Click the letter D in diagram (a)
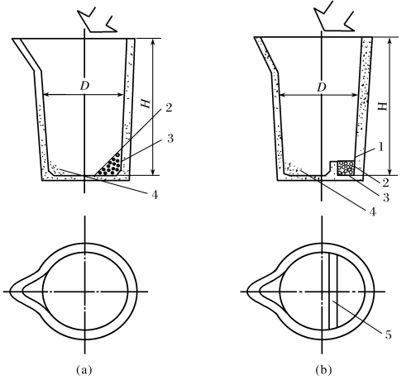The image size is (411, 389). [84, 86]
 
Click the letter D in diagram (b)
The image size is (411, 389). [322, 88]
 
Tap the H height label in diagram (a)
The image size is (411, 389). [146, 103]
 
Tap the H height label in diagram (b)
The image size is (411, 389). [382, 107]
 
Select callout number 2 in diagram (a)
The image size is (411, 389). [169, 107]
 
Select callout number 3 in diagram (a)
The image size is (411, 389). [170, 139]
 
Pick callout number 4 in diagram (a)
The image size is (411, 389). [155, 195]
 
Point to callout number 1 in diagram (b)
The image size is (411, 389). [381, 147]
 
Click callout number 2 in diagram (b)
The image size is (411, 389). [385, 183]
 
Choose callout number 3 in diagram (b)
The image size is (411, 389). [386, 197]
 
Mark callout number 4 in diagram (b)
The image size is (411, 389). [372, 211]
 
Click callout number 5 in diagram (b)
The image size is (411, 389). [388, 335]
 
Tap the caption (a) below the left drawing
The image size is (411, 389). [84, 370]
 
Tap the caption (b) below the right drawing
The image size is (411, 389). [323, 370]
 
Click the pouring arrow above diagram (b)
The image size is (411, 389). [334, 17]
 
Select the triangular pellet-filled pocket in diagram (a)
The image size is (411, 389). [110, 165]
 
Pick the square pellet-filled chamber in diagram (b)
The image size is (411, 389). [346, 168]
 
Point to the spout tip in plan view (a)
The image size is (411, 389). [10, 292]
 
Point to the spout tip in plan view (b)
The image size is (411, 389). [247, 292]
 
